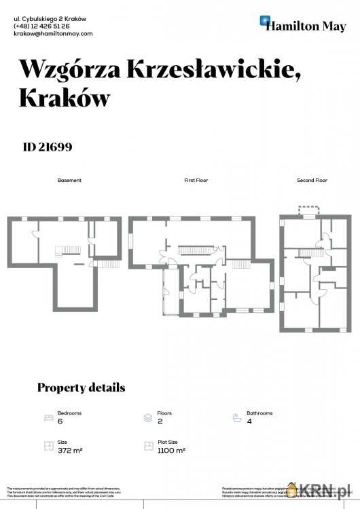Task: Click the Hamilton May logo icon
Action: click(x=266, y=22)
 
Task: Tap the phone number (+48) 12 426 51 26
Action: click(x=41, y=26)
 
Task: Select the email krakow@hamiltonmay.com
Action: click(x=53, y=33)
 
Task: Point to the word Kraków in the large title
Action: click(x=65, y=98)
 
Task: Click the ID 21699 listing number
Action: click(x=48, y=146)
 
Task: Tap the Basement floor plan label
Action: click(x=69, y=181)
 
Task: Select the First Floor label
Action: click(x=196, y=181)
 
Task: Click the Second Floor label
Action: click(x=312, y=181)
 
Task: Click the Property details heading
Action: click(x=81, y=388)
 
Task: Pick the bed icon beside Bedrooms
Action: click(x=48, y=417)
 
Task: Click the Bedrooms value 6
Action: click(x=60, y=421)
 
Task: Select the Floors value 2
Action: click(x=160, y=421)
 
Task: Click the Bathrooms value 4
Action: click(x=249, y=421)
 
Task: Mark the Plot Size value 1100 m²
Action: click(x=171, y=450)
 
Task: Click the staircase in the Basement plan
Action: click(x=71, y=250)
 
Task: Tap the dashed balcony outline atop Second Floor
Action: click(x=310, y=209)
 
